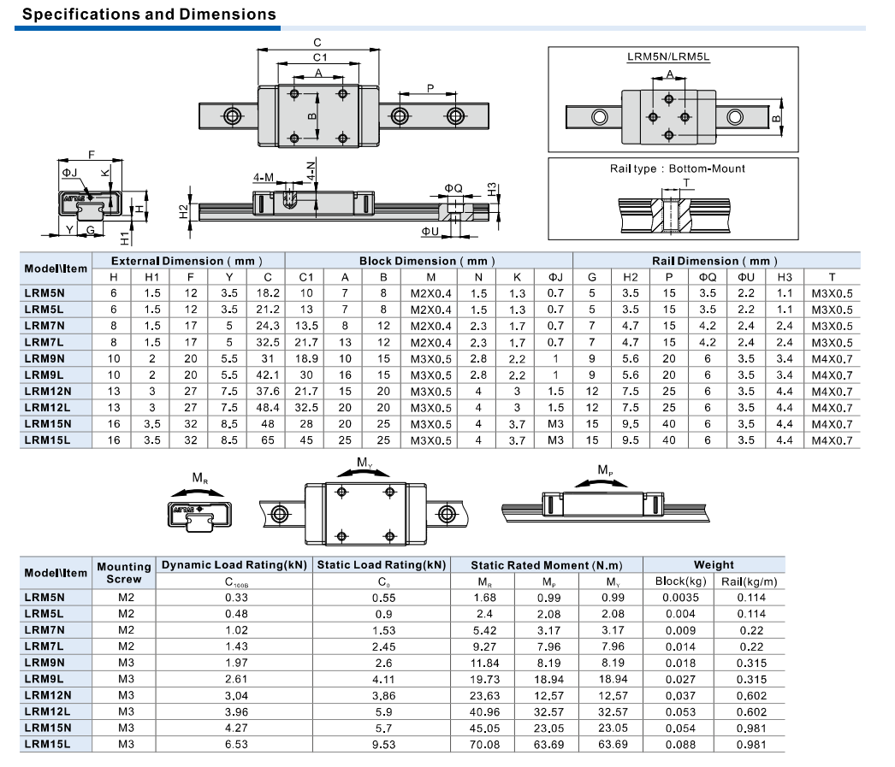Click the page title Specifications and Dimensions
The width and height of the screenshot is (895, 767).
(x=149, y=14)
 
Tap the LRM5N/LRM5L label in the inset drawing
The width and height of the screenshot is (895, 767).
(x=668, y=56)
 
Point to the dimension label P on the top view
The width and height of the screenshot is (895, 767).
(x=430, y=88)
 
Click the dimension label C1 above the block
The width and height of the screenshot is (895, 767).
(x=320, y=57)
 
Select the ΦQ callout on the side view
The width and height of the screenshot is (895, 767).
(x=453, y=189)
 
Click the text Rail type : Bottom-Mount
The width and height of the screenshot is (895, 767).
(x=678, y=168)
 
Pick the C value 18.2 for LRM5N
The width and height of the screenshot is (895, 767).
(x=268, y=293)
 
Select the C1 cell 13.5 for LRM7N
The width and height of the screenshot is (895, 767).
(x=306, y=326)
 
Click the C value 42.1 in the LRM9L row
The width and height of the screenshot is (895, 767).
(x=268, y=375)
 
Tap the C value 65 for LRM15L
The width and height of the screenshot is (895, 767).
(x=268, y=440)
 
